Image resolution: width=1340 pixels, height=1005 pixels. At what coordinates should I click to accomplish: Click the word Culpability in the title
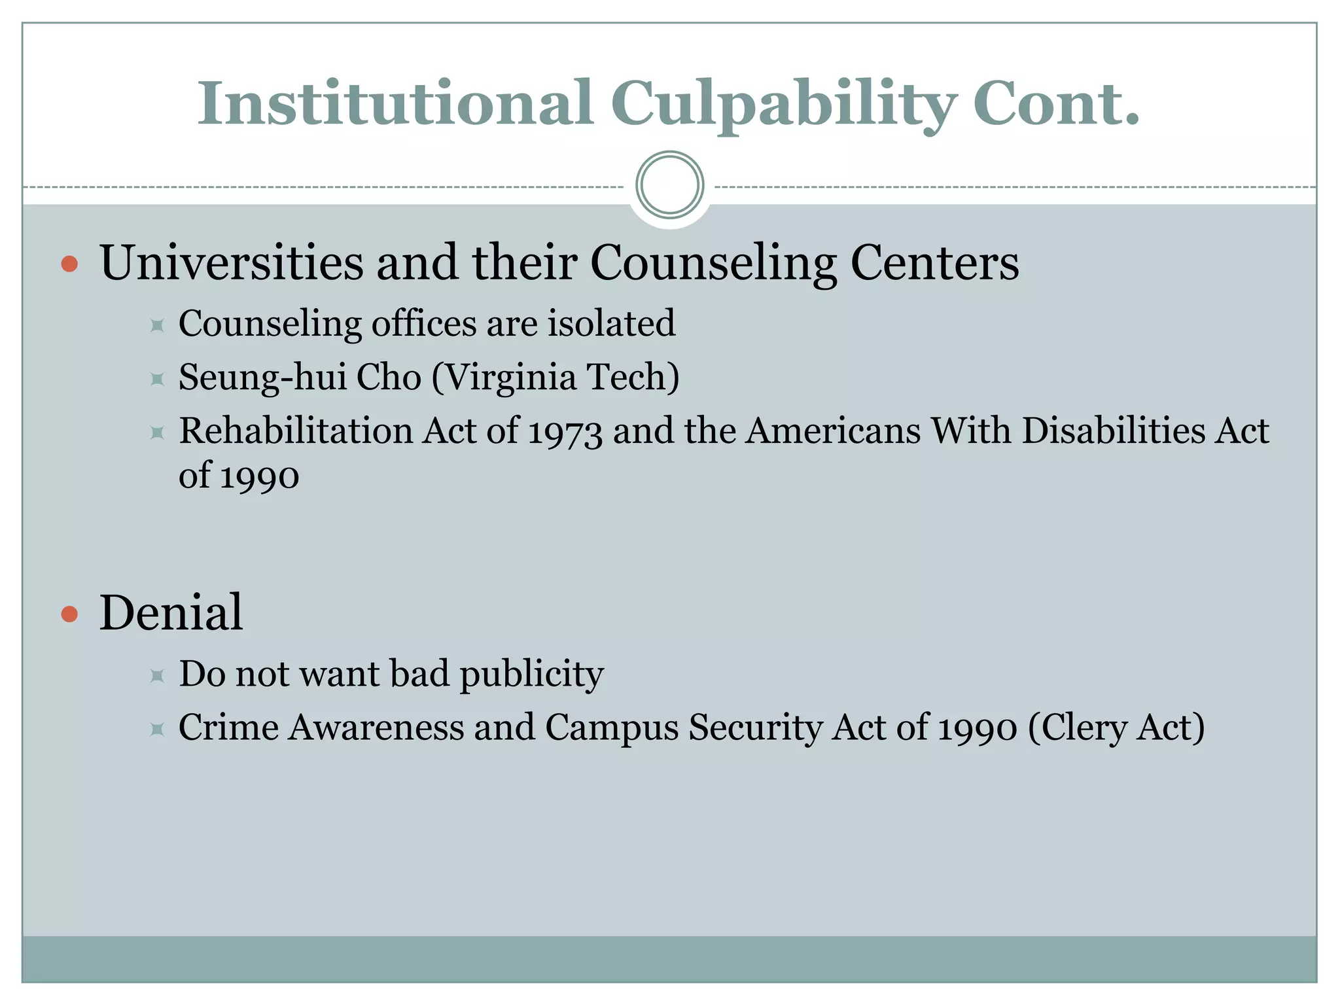point(783,105)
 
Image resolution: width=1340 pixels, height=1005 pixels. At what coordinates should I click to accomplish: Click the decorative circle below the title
point(669,185)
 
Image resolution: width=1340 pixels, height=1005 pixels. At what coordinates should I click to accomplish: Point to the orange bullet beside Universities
point(69,264)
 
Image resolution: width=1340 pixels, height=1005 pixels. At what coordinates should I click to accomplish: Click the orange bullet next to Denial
point(69,614)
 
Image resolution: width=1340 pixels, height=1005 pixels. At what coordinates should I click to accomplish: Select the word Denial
point(171,613)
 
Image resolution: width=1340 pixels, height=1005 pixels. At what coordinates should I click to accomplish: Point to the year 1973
point(565,432)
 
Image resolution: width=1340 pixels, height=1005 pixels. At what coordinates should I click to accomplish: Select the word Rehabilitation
point(296,431)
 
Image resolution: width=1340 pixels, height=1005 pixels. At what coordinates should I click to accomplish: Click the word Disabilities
point(1113,431)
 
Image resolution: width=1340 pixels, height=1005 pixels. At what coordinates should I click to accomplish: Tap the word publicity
point(531,674)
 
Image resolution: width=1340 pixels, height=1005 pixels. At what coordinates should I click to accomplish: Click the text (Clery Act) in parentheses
point(1116,728)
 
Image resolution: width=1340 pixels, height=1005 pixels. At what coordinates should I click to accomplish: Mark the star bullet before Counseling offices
point(156,325)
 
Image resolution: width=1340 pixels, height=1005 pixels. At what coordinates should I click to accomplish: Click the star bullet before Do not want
point(156,675)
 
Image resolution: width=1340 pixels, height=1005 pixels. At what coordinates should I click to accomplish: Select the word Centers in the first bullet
point(934,263)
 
